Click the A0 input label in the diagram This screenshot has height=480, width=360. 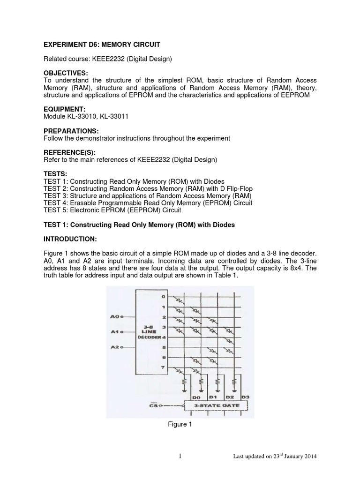click(114, 317)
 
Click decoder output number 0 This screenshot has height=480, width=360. click(164, 296)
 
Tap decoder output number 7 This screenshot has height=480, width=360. click(164, 368)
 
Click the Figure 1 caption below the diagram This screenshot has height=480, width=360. click(180, 424)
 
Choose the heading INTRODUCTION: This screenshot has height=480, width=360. click(70, 240)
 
